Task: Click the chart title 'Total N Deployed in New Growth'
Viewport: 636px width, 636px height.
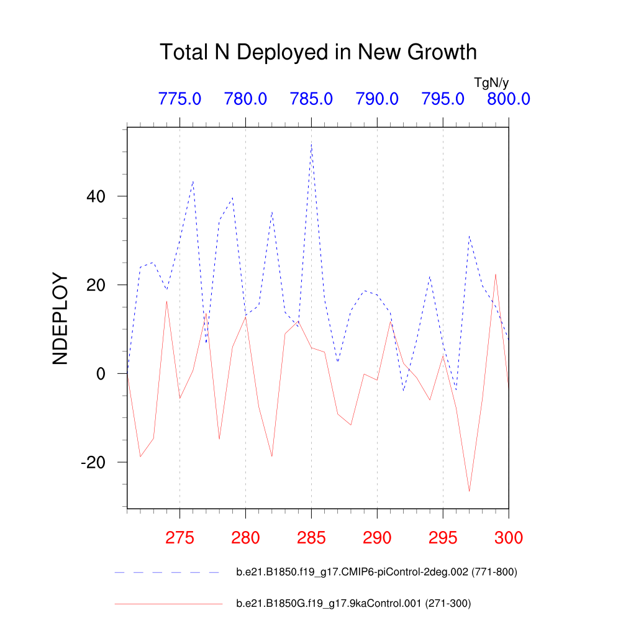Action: tap(318, 52)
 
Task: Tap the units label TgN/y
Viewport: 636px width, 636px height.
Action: tap(491, 83)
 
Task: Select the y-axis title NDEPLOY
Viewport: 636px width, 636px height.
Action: tap(60, 319)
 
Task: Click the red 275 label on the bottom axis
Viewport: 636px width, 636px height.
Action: tap(179, 537)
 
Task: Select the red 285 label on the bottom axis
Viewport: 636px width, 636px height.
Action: tap(311, 537)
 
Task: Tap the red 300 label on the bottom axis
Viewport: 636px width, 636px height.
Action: tap(508, 537)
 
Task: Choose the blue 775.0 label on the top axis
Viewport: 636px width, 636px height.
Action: tap(179, 99)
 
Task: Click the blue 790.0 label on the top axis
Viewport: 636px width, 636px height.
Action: tap(377, 99)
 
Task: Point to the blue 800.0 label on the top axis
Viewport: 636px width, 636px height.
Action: tap(508, 99)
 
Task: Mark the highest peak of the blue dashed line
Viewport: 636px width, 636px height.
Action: tap(311, 143)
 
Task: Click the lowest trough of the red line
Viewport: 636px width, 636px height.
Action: tap(469, 491)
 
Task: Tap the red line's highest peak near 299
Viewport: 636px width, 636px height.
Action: tap(496, 274)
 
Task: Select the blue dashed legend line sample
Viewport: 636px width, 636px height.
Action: tap(168, 572)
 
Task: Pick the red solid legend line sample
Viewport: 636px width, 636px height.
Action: tap(168, 603)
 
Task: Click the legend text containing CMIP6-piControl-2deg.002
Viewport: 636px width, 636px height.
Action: tap(376, 572)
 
